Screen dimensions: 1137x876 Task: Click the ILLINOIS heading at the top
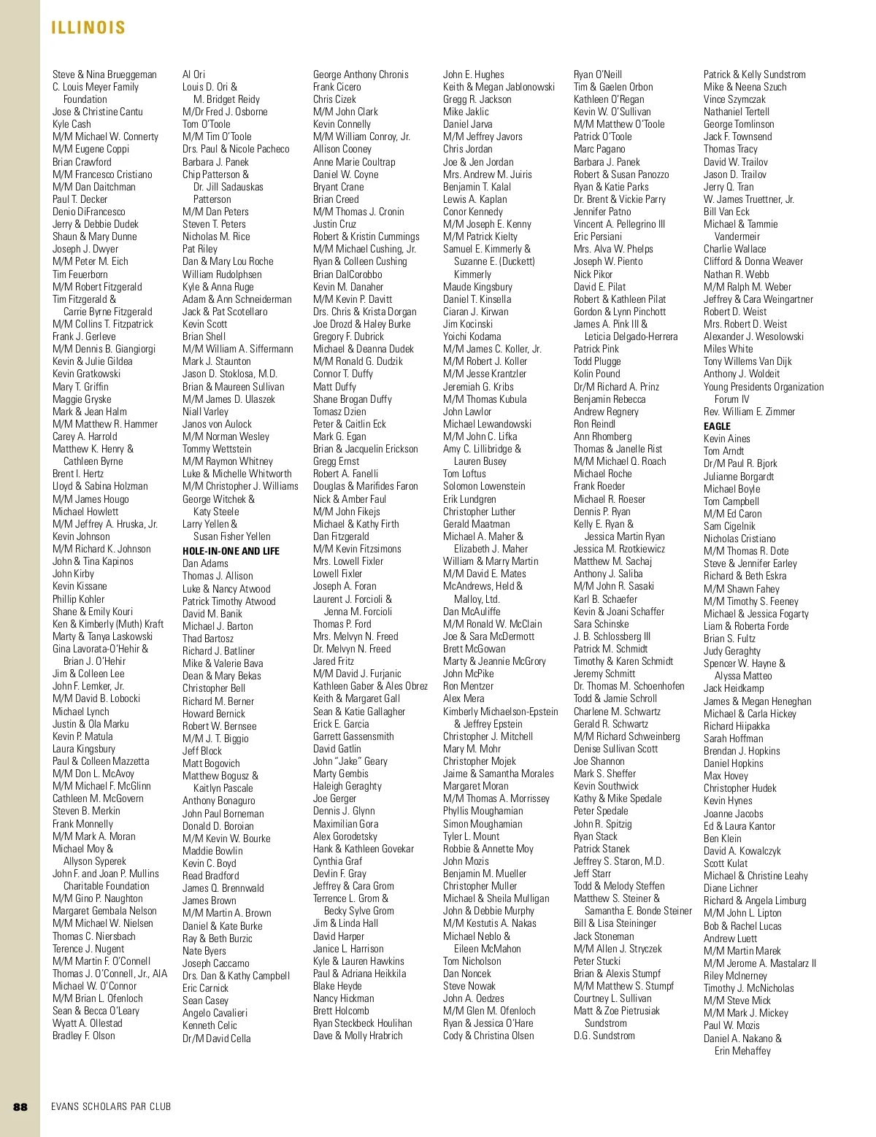point(88,28)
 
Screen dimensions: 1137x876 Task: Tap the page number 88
point(20,1106)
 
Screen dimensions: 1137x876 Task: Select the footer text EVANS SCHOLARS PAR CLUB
point(111,1106)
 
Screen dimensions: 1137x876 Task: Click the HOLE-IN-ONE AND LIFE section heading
point(231,551)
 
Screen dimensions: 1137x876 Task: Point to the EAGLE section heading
point(717,426)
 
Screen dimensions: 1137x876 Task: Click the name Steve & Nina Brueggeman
point(104,74)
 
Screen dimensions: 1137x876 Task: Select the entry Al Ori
point(193,74)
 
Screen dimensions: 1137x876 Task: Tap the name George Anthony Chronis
point(361,74)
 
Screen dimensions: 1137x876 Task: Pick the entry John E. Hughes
point(473,74)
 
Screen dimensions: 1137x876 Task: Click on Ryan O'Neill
point(598,74)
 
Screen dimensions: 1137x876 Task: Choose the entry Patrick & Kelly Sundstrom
point(755,74)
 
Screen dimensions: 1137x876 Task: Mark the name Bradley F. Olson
point(84,1036)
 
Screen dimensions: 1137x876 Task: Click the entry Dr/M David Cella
point(216,1038)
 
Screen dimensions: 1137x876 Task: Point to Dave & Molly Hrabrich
point(358,1036)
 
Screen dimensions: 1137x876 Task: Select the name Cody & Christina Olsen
point(488,1036)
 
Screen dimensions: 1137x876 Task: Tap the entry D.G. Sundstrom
point(604,1036)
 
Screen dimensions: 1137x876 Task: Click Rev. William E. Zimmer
point(749,412)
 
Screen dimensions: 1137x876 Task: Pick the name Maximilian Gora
point(346,824)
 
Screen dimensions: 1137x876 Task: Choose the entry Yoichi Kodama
point(472,336)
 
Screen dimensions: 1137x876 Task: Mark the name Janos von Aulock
point(217,424)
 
